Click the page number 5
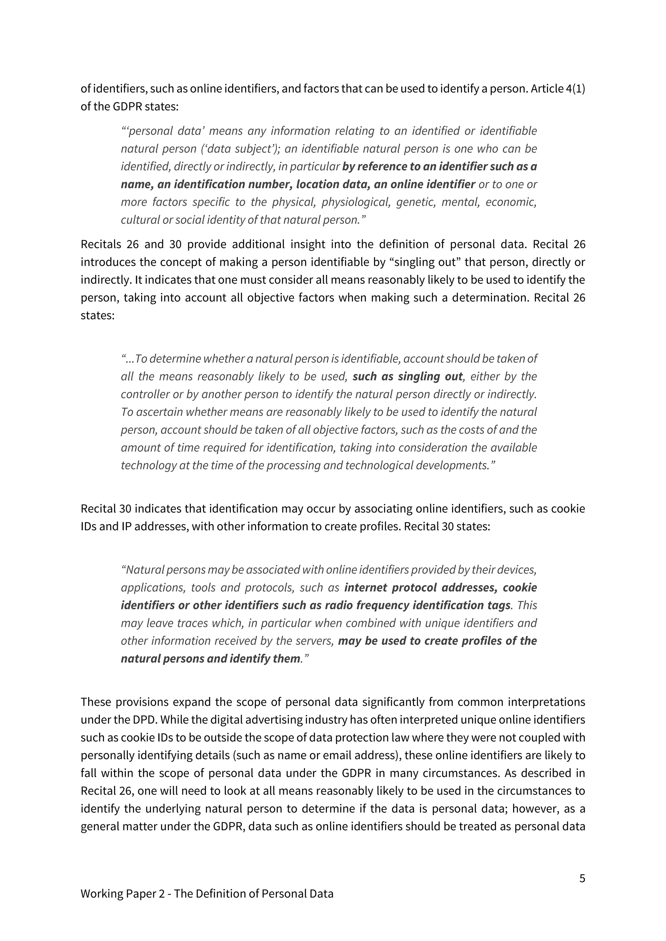click(582, 878)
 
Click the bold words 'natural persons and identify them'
click(211, 659)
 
